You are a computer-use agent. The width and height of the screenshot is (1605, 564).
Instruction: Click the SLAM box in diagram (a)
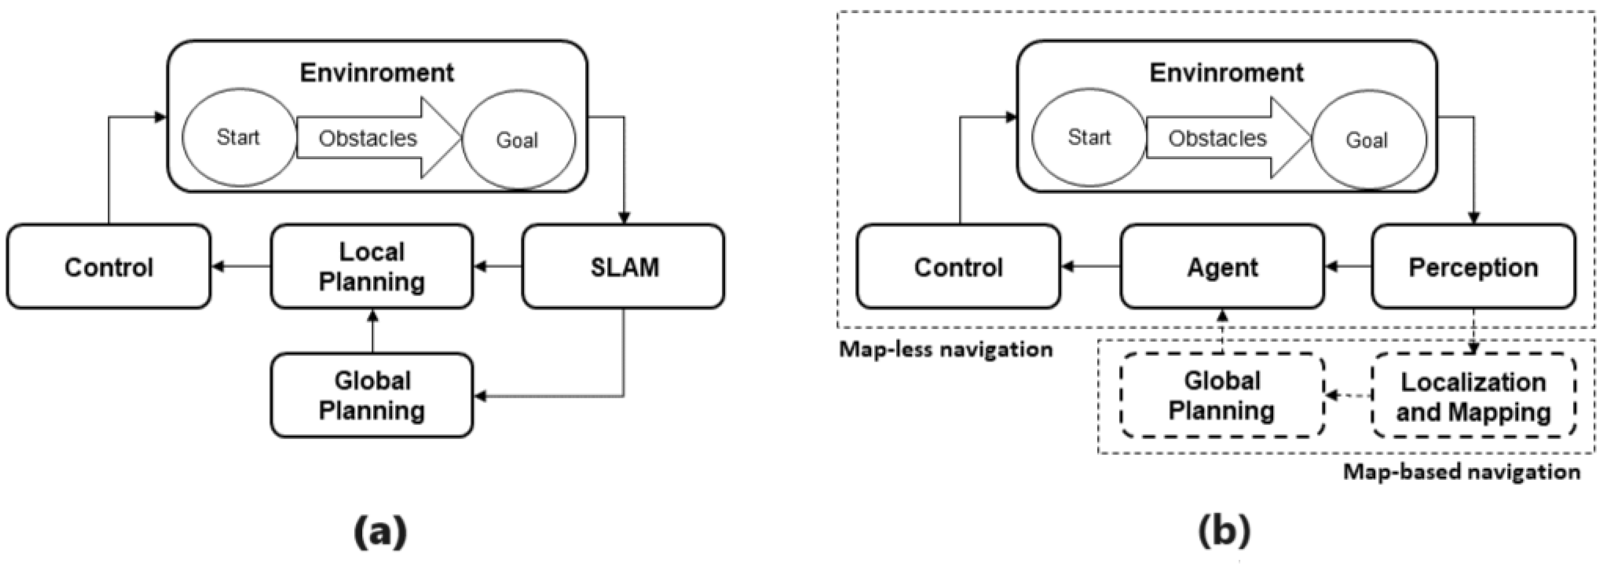click(x=623, y=266)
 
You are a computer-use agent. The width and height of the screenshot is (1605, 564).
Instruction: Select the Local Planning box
click(x=372, y=266)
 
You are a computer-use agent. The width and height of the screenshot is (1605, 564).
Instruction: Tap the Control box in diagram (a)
click(x=108, y=266)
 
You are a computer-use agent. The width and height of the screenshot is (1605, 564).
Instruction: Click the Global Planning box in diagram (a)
click(x=372, y=396)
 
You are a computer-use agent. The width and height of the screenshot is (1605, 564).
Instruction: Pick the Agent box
click(x=1222, y=266)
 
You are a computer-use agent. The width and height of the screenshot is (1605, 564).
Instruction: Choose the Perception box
click(x=1474, y=266)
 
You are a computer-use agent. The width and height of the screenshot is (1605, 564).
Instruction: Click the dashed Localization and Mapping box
click(x=1474, y=396)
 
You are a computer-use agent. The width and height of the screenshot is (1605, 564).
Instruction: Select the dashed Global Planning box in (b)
click(x=1222, y=396)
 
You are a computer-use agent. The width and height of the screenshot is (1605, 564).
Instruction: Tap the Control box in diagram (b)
click(x=958, y=266)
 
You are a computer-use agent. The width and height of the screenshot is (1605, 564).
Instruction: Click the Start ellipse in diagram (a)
click(x=239, y=137)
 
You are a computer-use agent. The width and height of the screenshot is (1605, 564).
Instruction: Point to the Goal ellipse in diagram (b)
click(x=1368, y=140)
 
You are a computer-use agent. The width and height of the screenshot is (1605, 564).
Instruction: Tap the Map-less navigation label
click(x=946, y=350)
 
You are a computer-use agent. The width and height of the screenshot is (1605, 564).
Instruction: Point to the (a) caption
click(x=380, y=531)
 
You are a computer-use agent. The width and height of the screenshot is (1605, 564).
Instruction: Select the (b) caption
click(x=1224, y=531)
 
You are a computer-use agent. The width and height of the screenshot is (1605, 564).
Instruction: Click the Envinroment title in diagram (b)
click(x=1226, y=73)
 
